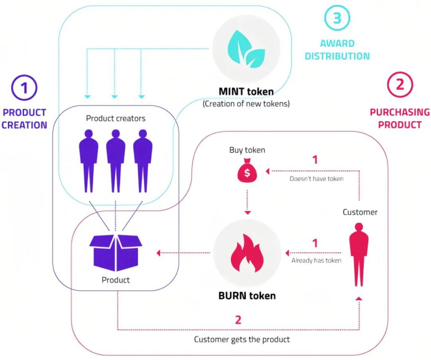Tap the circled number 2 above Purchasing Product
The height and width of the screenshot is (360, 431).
(399, 85)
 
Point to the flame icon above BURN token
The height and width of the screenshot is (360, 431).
(247, 253)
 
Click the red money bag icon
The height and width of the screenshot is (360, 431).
(247, 172)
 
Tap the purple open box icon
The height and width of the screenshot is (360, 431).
(116, 252)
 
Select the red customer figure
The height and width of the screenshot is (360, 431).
(359, 255)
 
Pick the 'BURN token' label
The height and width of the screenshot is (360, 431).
(247, 296)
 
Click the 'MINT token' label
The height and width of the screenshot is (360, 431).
(246, 91)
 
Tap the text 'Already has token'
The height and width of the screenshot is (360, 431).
(316, 260)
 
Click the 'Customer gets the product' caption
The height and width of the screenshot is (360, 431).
(242, 339)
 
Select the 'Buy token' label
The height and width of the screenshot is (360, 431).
(247, 150)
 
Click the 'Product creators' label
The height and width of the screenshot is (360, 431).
(116, 118)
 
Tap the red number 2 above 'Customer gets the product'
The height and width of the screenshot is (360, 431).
(238, 320)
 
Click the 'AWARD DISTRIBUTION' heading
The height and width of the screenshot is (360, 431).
(337, 49)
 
